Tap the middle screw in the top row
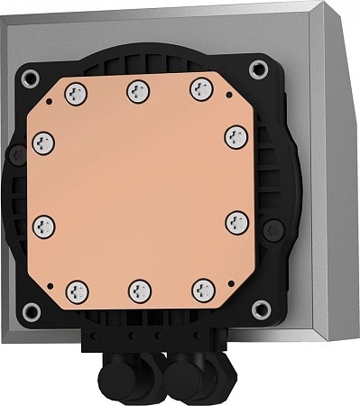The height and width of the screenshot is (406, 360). tap(136, 88)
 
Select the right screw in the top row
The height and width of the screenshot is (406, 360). tap(198, 88)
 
